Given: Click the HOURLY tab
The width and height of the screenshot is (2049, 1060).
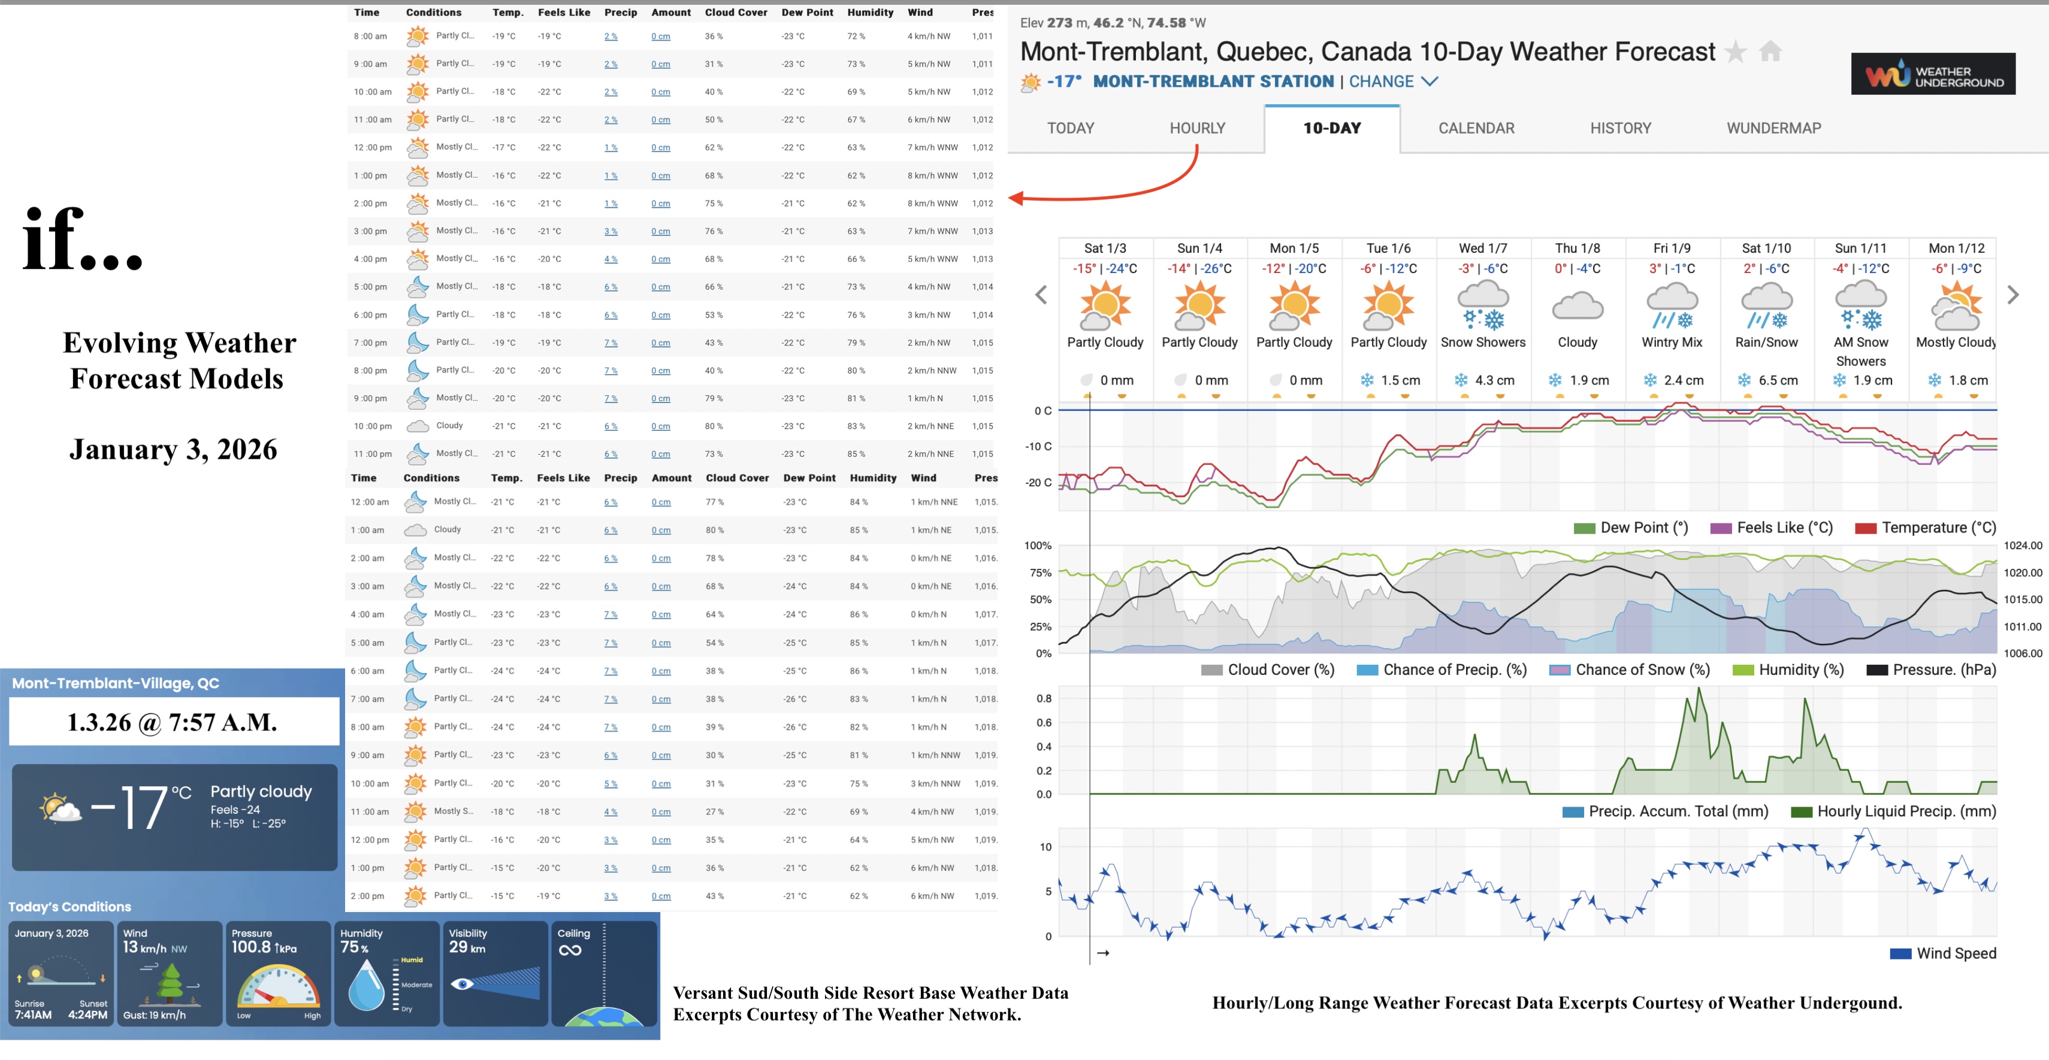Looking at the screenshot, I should (x=1196, y=128).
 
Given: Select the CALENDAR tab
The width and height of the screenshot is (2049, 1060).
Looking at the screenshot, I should (x=1476, y=128).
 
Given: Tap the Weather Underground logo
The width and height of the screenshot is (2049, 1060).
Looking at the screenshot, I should (x=1932, y=74).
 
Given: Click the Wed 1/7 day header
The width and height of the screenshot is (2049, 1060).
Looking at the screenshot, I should (x=1483, y=248).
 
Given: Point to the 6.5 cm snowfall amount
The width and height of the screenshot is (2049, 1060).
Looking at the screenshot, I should (x=1777, y=380).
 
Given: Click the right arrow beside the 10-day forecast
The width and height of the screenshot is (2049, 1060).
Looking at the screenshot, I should (x=2012, y=295).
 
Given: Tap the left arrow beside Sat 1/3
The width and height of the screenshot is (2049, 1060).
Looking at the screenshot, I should (x=1041, y=295).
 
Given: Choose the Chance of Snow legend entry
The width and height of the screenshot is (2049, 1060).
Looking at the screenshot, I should (x=1631, y=670).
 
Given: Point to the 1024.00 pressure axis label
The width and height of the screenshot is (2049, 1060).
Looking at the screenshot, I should (x=2023, y=546).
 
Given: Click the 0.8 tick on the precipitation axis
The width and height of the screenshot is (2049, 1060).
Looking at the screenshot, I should (x=1044, y=698).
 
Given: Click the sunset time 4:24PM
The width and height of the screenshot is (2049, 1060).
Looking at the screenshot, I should (x=87, y=1014).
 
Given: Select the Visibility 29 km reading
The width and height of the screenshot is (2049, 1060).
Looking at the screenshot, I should (x=468, y=947).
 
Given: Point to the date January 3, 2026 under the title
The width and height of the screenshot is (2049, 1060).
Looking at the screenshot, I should (x=173, y=449).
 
